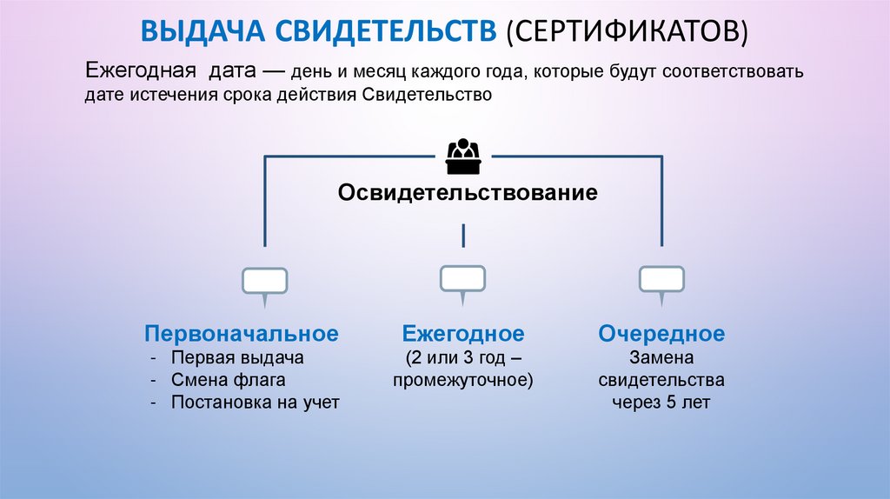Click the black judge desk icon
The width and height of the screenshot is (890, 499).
click(462, 156)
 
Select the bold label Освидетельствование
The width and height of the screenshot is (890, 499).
click(468, 192)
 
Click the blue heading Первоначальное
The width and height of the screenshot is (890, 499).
click(241, 334)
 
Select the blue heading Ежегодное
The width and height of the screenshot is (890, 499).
click(462, 334)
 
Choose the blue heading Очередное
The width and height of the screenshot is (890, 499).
click(661, 334)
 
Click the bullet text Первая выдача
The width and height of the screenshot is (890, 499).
click(237, 357)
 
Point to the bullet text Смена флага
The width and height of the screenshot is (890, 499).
click(229, 380)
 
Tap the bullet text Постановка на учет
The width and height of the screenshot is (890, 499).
click(255, 403)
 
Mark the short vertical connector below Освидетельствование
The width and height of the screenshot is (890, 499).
click(463, 235)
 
